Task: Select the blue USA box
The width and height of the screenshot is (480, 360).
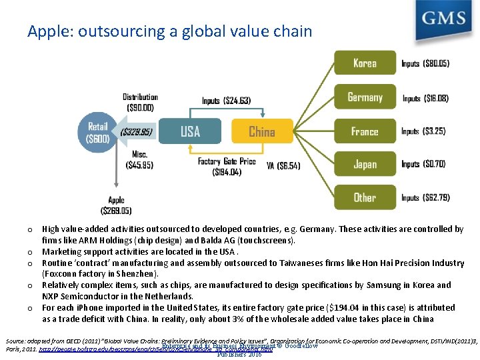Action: click(190, 131)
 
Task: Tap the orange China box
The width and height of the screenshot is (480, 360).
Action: click(262, 131)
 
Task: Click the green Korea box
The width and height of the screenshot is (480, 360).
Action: click(365, 63)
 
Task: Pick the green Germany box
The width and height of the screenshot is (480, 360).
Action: click(365, 97)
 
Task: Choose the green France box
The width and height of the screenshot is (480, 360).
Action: click(365, 131)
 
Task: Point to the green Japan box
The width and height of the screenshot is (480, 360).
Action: click(365, 164)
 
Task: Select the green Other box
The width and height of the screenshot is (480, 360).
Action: click(365, 197)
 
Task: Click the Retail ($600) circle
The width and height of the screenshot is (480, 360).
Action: click(97, 132)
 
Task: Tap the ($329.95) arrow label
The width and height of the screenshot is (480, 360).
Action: click(137, 132)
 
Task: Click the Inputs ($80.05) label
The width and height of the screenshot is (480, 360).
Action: click(425, 64)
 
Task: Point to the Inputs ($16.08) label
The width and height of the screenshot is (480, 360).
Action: click(425, 98)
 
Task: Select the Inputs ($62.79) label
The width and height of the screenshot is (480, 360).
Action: click(425, 198)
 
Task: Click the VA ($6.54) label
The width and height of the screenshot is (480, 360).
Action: click(283, 165)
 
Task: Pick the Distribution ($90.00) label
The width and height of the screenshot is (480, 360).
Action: click(140, 102)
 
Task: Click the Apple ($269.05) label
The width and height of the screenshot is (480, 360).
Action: click(116, 205)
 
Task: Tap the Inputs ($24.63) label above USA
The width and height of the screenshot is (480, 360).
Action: click(226, 101)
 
